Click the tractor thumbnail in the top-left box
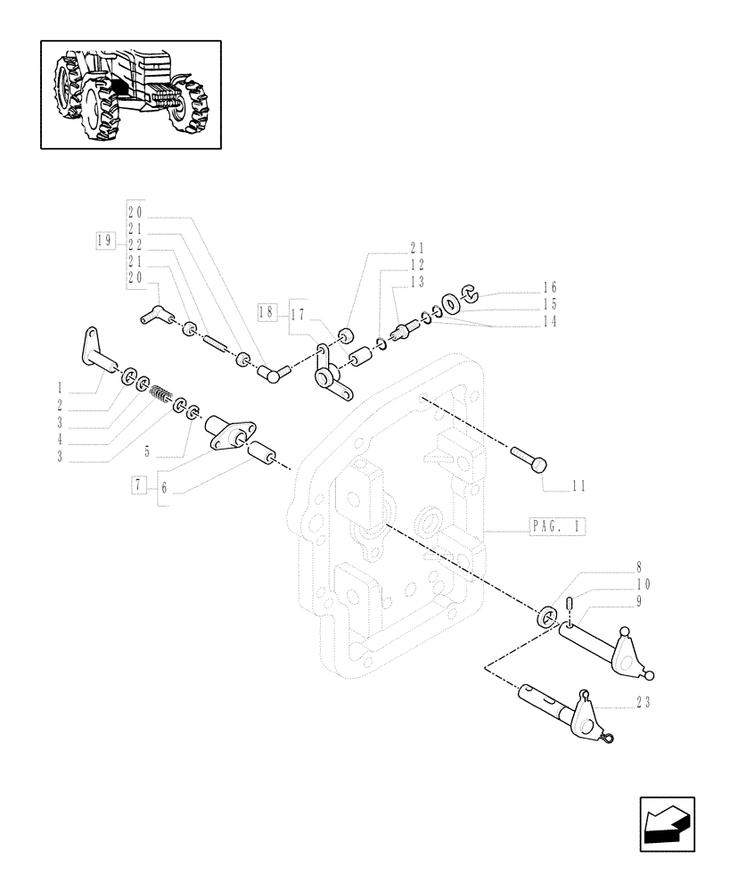130,94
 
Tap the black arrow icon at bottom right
666,824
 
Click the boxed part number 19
105,239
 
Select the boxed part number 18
266,312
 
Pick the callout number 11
578,486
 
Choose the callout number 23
643,704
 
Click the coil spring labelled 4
160,393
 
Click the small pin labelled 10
567,611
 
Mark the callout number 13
418,282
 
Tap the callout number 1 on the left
59,388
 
